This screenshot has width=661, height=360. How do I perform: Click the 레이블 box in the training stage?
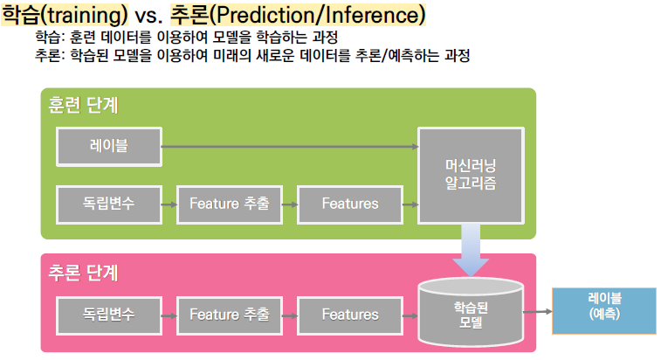[108, 147]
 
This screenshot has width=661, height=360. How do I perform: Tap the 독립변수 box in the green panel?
[108, 203]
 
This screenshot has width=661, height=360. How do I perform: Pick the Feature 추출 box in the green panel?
[230, 203]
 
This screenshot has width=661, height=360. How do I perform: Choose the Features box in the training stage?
[349, 203]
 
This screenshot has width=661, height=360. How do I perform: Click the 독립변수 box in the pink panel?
[108, 314]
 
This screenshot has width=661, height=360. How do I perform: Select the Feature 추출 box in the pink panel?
[230, 314]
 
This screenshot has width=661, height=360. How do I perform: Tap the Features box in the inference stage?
[349, 314]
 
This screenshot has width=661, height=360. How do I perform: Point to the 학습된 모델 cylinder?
[471, 313]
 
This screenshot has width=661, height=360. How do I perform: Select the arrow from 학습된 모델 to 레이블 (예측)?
[538, 312]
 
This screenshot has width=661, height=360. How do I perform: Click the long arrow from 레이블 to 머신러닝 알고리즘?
[288, 147]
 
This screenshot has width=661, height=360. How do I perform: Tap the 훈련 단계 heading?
[84, 105]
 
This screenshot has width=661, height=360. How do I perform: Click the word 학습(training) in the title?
[65, 14]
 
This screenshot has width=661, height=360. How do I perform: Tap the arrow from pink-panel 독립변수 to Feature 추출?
[169, 314]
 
